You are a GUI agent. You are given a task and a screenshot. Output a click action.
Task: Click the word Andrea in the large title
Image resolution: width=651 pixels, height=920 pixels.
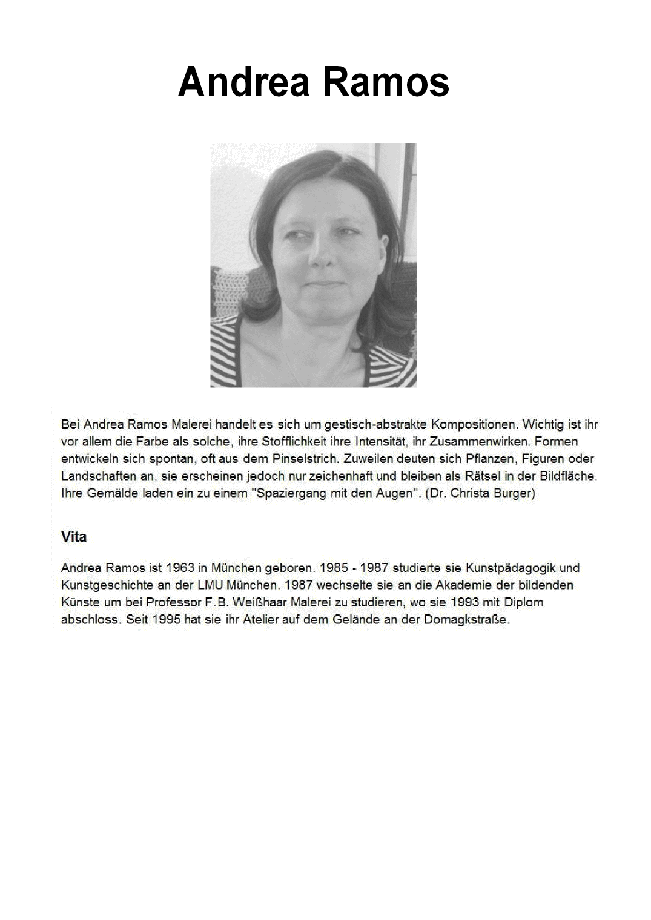(245, 82)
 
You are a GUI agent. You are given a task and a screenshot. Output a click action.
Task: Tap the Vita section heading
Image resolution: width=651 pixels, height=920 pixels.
(74, 537)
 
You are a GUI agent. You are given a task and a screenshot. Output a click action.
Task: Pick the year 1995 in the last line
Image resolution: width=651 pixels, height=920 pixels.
(168, 620)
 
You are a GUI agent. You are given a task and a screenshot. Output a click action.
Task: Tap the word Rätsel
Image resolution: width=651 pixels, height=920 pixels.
(480, 476)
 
